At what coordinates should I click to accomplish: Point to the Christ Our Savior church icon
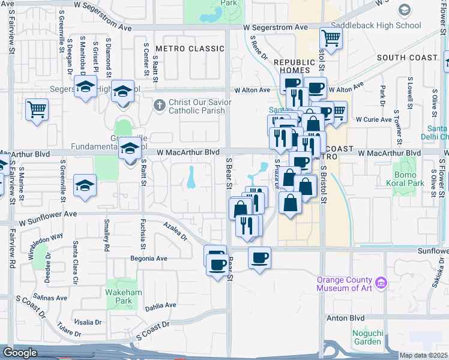pos(159,106)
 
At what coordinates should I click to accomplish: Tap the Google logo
pos(20,353)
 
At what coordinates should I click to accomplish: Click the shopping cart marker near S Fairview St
pos(37,110)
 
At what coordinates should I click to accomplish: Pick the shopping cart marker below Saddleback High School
pos(331,38)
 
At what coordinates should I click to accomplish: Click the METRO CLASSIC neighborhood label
pos(181,48)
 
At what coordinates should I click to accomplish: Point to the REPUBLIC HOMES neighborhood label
pos(294,66)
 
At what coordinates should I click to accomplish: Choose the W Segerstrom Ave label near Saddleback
pos(276,28)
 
